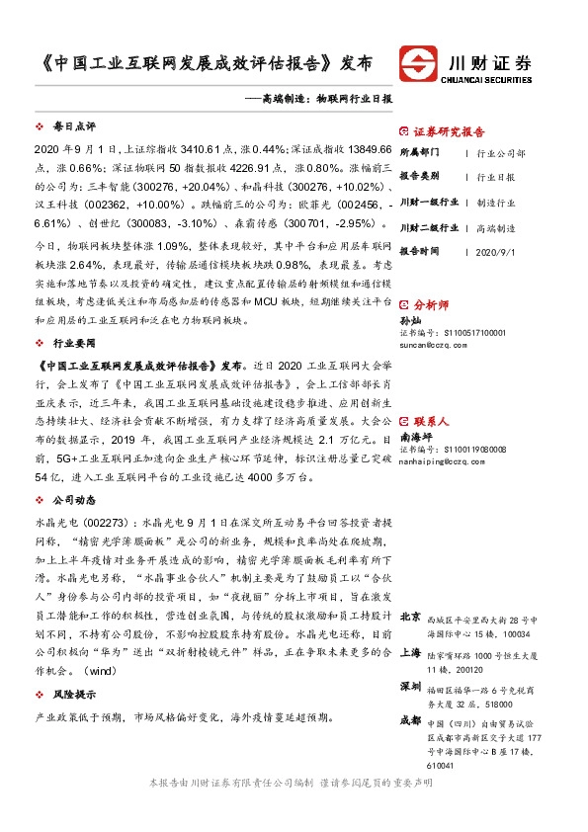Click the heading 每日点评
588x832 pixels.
tap(74, 126)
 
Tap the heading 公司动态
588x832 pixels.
tap(74, 499)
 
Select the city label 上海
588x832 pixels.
tap(411, 652)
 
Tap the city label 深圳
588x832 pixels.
tap(411, 687)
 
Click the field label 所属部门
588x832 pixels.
tap(421, 153)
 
